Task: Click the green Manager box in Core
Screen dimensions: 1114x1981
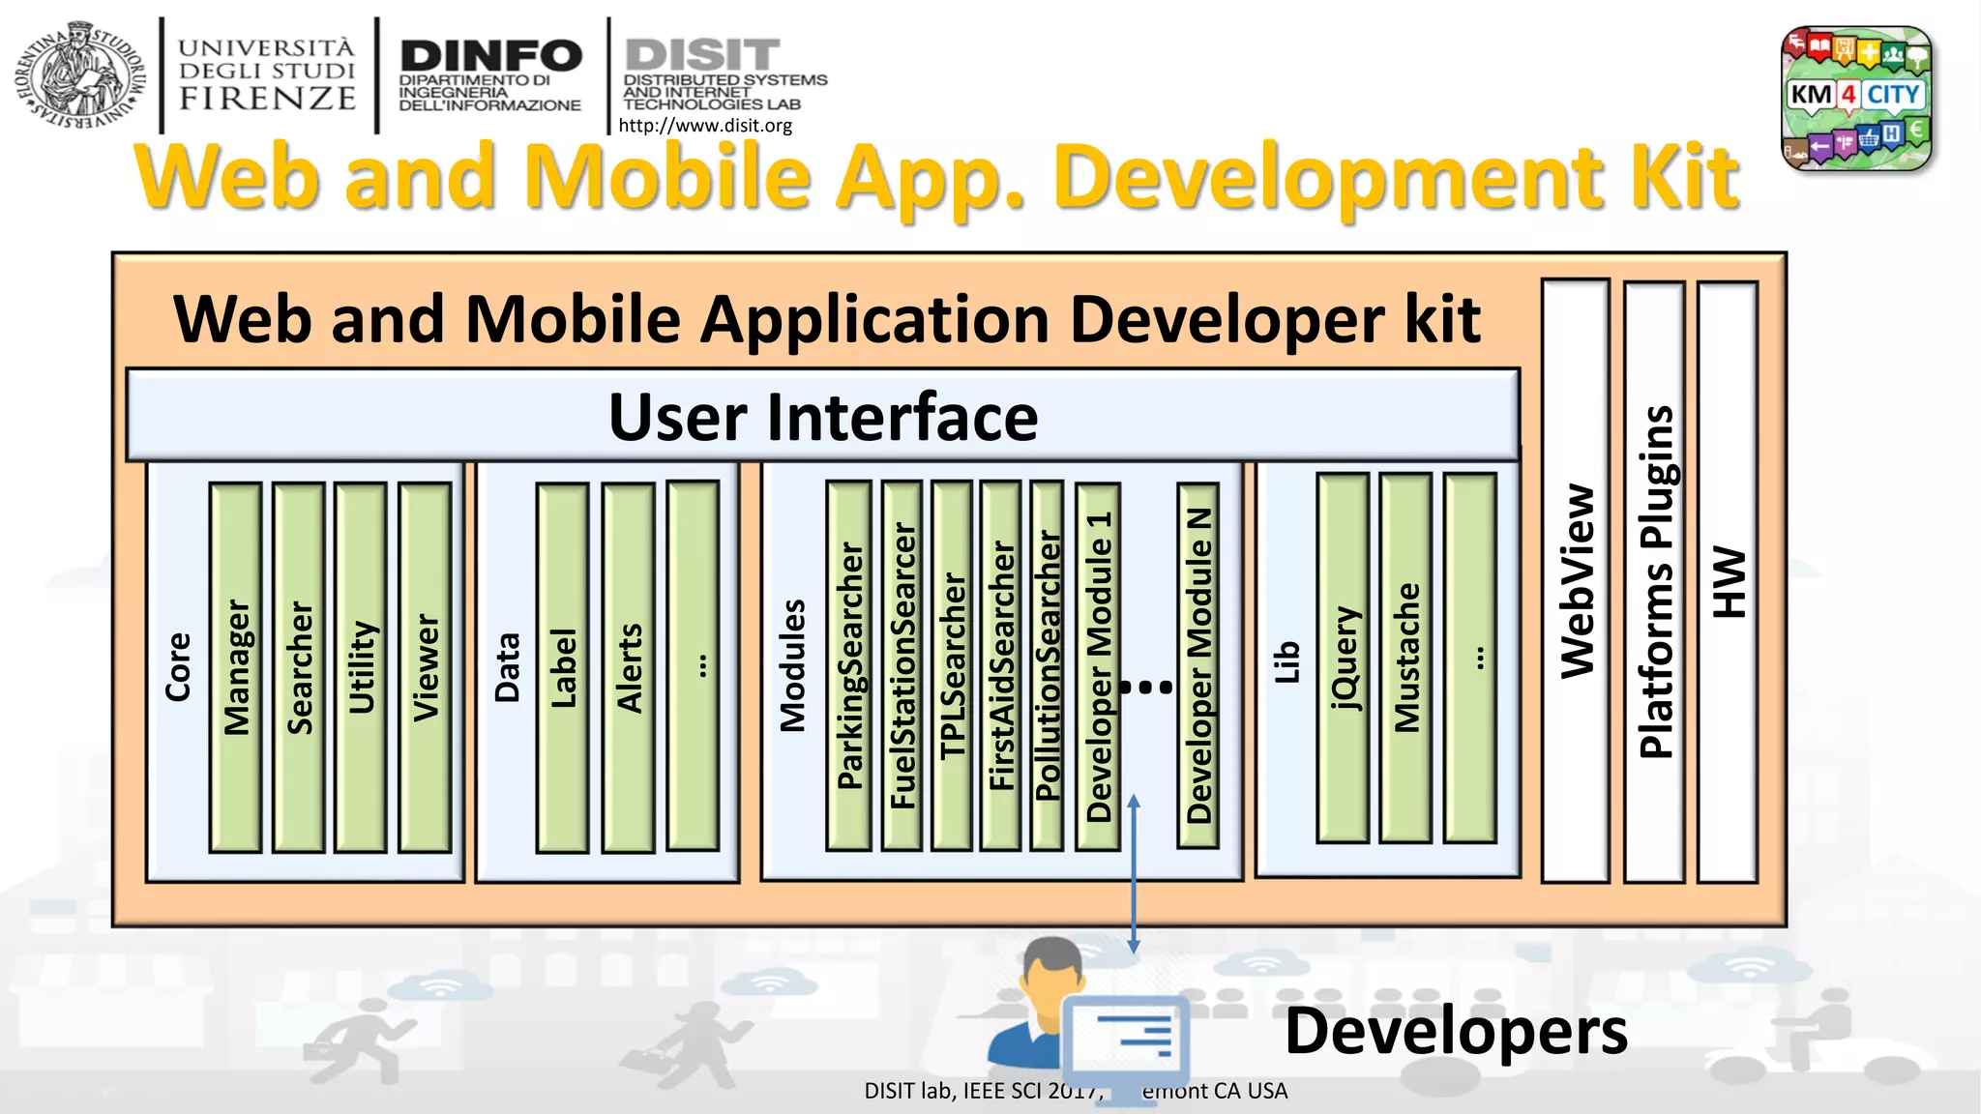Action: click(x=235, y=667)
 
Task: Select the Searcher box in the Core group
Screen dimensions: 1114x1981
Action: click(x=299, y=667)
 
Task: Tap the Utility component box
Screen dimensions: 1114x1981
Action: click(x=361, y=667)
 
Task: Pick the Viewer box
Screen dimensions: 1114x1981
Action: click(x=426, y=667)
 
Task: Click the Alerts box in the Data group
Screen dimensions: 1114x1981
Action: click(x=629, y=667)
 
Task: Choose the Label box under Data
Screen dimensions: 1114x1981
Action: click(x=563, y=667)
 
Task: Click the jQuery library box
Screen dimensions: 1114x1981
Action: click(x=1344, y=658)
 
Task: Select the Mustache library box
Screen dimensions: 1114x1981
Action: click(x=1406, y=658)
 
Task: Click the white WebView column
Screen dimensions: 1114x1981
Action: click(x=1576, y=580)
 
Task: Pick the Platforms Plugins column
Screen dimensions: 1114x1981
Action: click(x=1655, y=580)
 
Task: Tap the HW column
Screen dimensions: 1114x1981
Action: click(x=1728, y=580)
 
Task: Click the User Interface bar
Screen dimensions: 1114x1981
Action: click(x=822, y=416)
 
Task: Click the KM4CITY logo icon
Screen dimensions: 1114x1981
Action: click(x=1856, y=98)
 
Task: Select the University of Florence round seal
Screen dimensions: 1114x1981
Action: click(x=81, y=75)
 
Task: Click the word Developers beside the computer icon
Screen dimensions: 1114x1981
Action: click(x=1456, y=1031)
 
